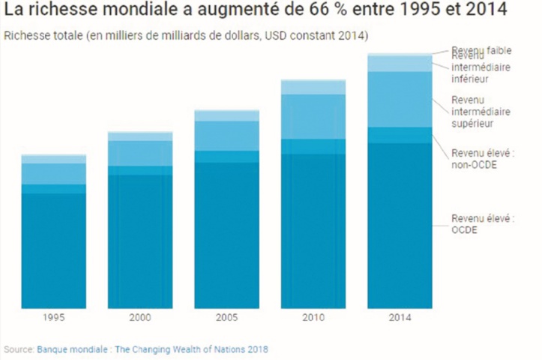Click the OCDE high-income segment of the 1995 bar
coord(53,251)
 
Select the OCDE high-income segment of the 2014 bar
coord(400,225)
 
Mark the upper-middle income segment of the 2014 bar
coord(400,99)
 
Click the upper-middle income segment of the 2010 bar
coord(313,116)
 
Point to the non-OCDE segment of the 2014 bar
coord(400,135)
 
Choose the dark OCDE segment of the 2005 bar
coord(226,235)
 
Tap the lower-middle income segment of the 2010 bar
coord(313,87)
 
